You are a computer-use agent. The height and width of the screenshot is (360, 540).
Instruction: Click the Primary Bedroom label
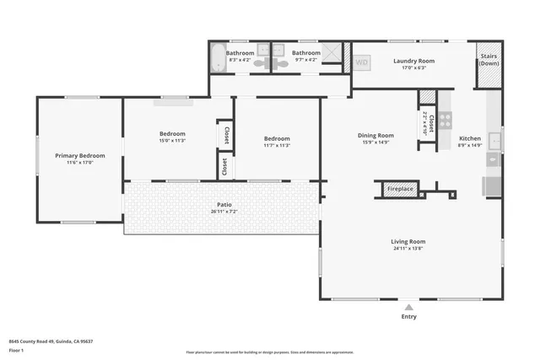(80, 156)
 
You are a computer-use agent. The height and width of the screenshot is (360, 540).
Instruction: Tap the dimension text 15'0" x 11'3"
(172, 142)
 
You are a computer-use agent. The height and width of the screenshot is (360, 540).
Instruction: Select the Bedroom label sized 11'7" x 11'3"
(277, 138)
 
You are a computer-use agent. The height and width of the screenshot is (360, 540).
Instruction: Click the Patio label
(224, 204)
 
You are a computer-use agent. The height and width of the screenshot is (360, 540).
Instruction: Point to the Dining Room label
(375, 135)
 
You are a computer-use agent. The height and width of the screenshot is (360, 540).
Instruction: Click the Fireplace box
(400, 189)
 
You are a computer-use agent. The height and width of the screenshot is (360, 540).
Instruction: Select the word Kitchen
(470, 138)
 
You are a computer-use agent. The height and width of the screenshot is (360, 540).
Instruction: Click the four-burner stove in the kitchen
(445, 120)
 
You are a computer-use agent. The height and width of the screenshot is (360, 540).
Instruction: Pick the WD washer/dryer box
(362, 62)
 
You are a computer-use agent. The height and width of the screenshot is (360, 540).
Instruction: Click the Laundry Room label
(413, 61)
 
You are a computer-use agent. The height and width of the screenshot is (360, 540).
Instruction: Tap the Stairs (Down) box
(489, 64)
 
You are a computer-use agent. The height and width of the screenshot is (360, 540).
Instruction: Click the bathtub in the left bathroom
(218, 58)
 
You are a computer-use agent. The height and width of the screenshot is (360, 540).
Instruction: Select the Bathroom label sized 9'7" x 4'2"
(305, 53)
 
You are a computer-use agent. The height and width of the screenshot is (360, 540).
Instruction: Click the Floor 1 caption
(17, 350)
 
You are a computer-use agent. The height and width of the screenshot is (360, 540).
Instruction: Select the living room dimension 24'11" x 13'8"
(408, 248)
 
